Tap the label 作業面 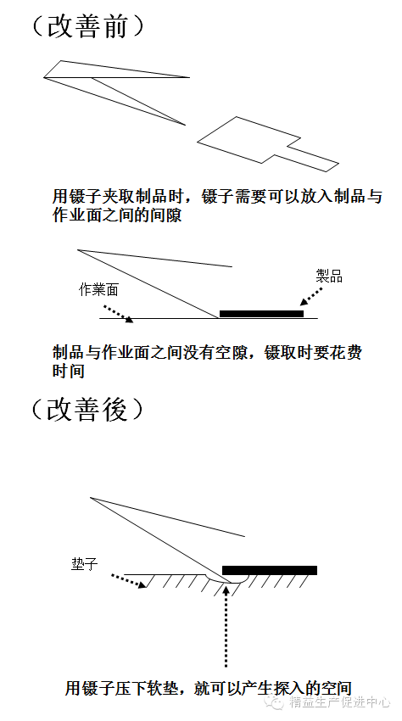pyautogui.click(x=99, y=290)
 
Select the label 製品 pyautogui.click(x=329, y=276)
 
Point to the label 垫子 pyautogui.click(x=85, y=564)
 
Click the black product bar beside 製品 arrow pyautogui.click(x=262, y=314)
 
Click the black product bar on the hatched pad pyautogui.click(x=270, y=570)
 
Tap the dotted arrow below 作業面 pyautogui.click(x=118, y=313)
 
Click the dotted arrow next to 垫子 pyautogui.click(x=129, y=581)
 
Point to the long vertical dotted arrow pyautogui.click(x=226, y=626)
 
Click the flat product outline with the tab pyautogui.click(x=268, y=144)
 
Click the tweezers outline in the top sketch pyautogui.click(x=117, y=92)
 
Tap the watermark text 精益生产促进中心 pyautogui.click(x=340, y=702)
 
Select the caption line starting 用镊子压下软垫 pyautogui.click(x=209, y=689)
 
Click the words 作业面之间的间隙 pyautogui.click(x=117, y=215)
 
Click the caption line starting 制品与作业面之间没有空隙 pyautogui.click(x=208, y=353)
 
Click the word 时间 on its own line pyautogui.click(x=68, y=371)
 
